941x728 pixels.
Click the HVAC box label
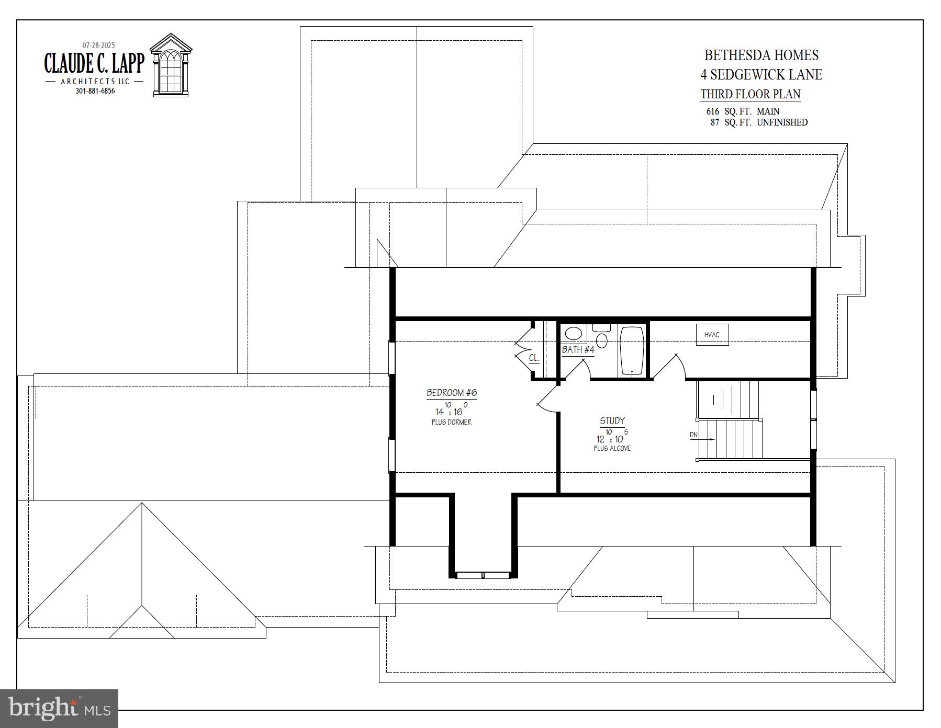point(712,335)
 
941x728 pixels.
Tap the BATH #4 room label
point(578,350)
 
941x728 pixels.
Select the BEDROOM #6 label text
point(452,393)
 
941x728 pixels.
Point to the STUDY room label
point(612,421)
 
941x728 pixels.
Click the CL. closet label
point(534,358)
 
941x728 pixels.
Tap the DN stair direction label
point(693,435)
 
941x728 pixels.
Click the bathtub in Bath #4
point(632,350)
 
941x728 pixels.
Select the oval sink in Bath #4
point(574,334)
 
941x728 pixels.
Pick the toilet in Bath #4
point(602,338)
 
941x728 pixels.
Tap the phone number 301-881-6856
point(95,91)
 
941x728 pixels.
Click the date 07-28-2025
point(98,45)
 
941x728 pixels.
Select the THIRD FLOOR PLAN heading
point(750,94)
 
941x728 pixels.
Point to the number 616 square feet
point(713,111)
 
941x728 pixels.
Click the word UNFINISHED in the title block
point(782,122)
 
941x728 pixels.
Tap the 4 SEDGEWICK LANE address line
point(761,75)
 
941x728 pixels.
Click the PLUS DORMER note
point(451,422)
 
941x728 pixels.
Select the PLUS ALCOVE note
point(612,449)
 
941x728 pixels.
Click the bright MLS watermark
point(59,709)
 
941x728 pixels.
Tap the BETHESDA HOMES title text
point(761,55)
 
